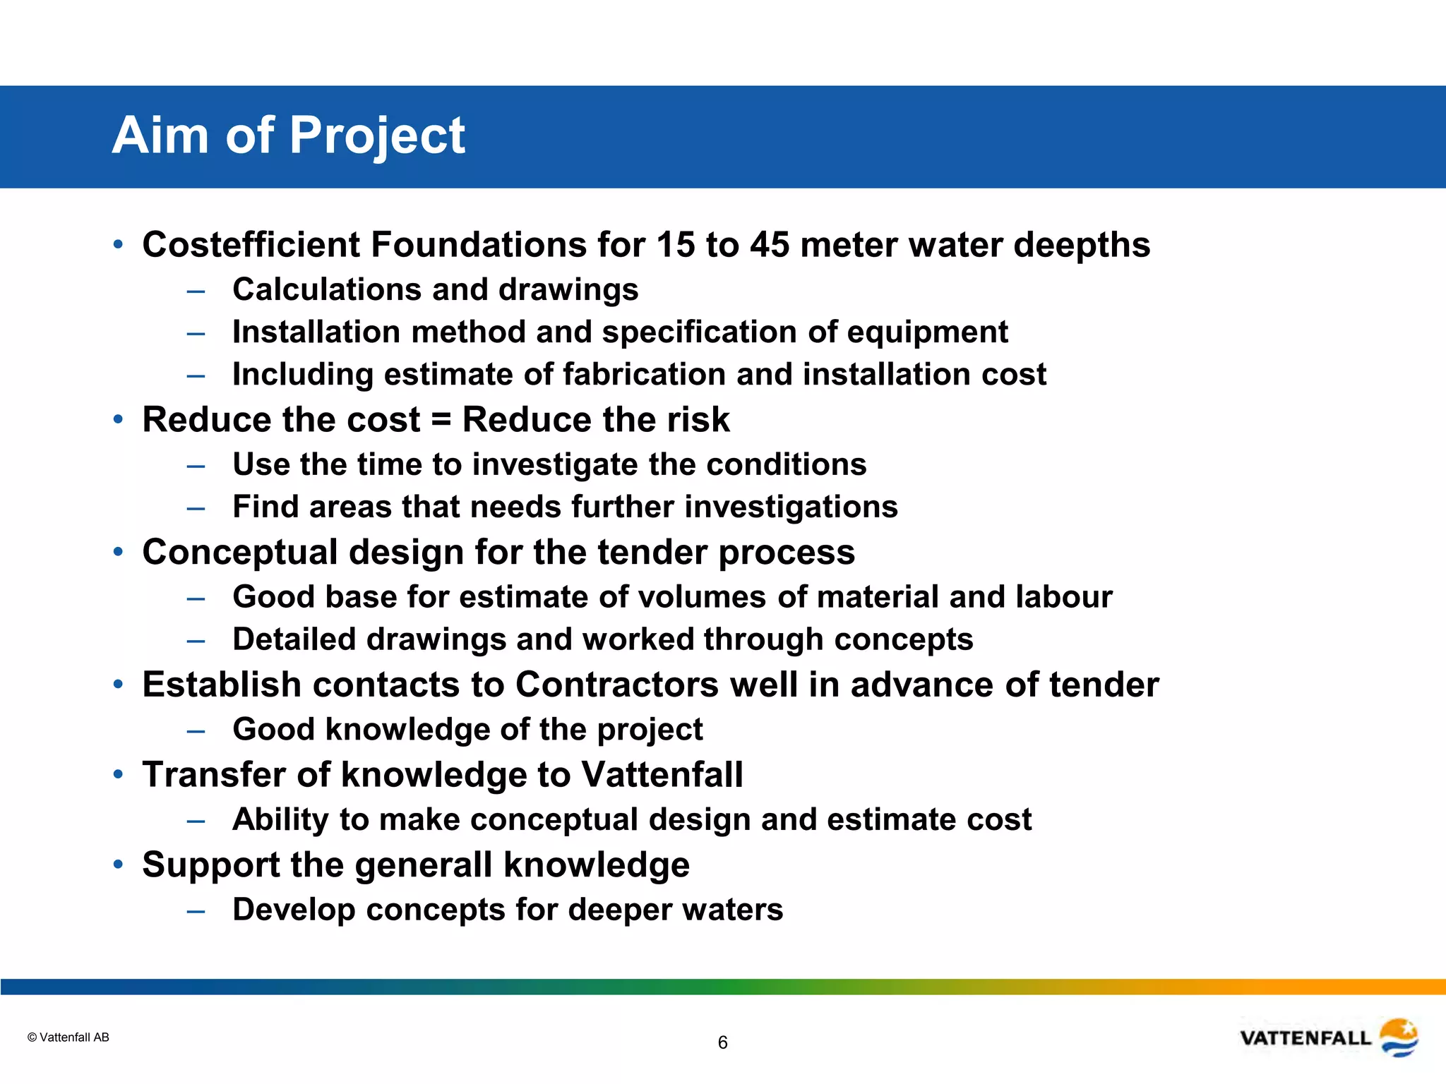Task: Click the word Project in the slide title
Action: coord(377,135)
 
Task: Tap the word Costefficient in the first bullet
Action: coord(251,245)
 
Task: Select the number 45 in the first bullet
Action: coord(769,245)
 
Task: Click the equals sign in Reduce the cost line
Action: coord(441,420)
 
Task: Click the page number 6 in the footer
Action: coord(722,1042)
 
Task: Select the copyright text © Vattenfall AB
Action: coord(68,1037)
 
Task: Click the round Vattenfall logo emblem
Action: coord(1399,1037)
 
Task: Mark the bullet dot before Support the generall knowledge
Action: coord(118,864)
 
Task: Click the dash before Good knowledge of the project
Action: coord(196,730)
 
